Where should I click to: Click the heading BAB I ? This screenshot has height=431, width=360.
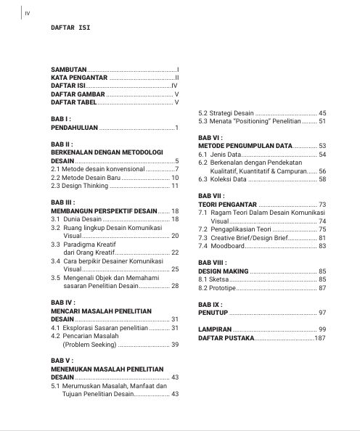pyautogui.click(x=60, y=119)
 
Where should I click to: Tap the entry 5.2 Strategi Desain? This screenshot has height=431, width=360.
pyautogui.click(x=226, y=113)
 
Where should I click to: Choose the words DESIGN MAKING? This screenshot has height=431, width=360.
pyautogui.click(x=223, y=271)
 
